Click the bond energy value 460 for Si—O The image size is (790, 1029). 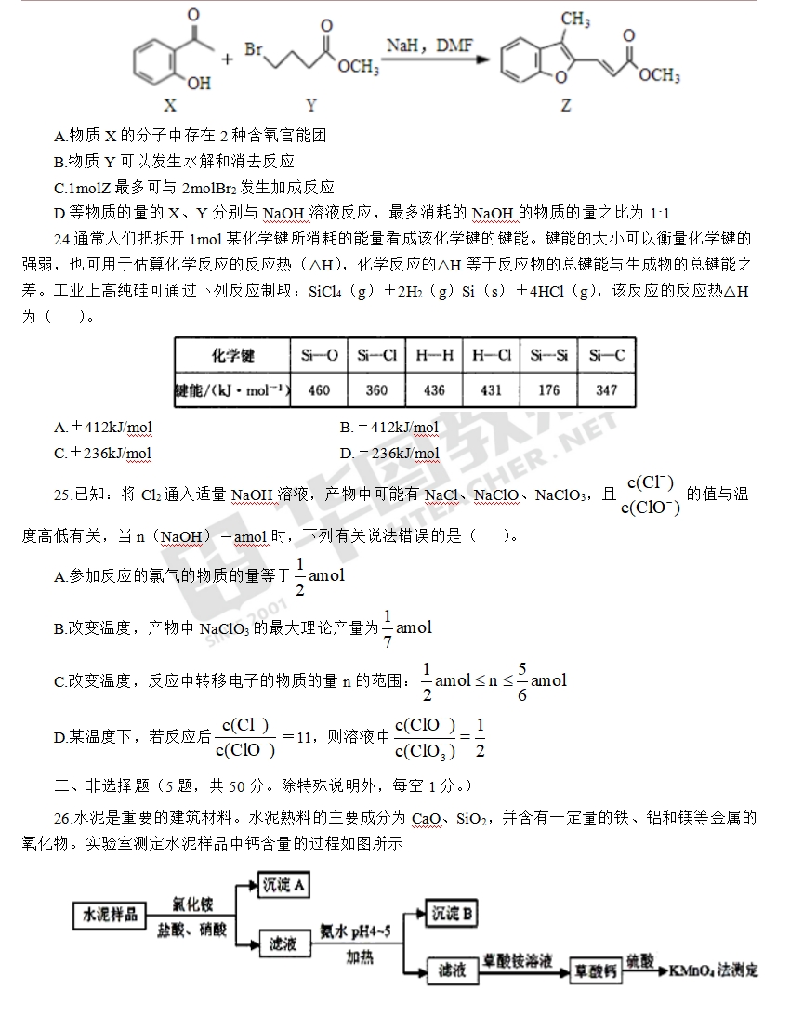319,390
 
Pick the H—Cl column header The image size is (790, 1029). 492,355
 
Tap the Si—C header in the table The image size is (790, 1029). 607,355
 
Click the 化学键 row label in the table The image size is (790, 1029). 232,355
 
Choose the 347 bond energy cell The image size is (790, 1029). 607,390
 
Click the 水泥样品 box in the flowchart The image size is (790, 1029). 111,916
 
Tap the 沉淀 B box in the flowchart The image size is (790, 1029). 452,915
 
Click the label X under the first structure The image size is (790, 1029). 169,105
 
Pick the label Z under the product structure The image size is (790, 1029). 566,106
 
